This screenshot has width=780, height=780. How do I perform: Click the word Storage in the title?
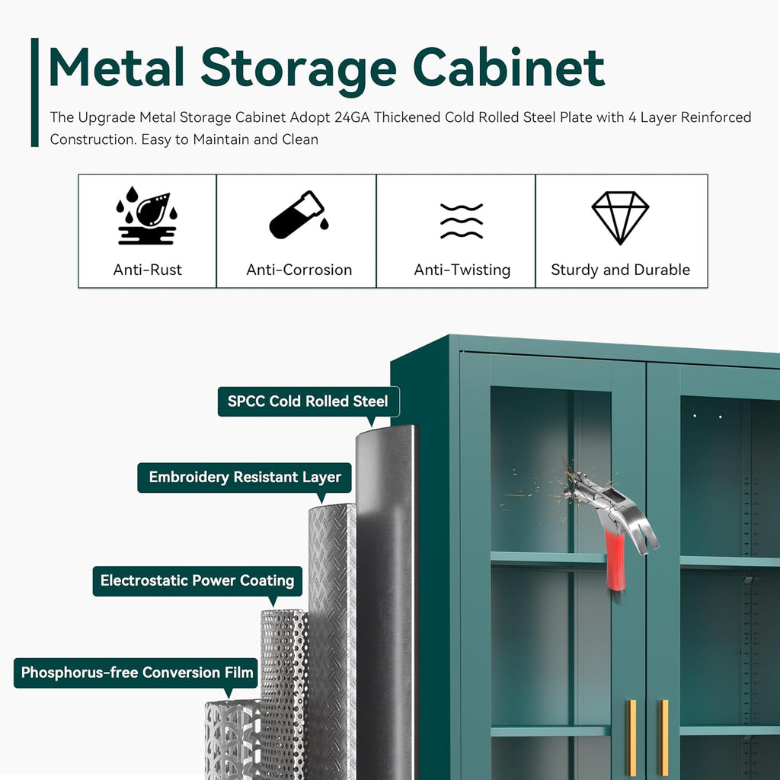click(299, 68)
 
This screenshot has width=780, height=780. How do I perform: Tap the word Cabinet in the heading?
click(508, 67)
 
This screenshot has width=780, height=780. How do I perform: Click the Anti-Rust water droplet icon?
click(147, 216)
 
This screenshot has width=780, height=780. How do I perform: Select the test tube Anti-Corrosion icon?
click(299, 215)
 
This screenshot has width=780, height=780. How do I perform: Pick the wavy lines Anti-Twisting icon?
click(462, 221)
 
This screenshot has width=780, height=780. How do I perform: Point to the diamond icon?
click(620, 218)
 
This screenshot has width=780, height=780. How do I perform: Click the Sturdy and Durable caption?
click(620, 270)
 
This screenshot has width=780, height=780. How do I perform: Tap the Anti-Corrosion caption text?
click(299, 270)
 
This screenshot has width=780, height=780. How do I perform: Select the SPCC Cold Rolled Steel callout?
click(308, 401)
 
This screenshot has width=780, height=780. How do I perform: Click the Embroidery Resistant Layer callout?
click(245, 478)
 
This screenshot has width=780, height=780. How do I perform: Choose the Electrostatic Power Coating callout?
click(197, 580)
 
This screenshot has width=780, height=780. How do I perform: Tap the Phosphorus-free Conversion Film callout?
click(136, 673)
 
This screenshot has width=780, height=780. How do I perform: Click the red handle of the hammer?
click(615, 559)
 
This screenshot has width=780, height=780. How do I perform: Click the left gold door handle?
click(631, 737)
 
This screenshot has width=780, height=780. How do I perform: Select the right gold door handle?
click(663, 737)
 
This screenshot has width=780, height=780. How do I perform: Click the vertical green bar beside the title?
click(35, 92)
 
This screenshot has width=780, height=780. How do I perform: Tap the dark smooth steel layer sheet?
click(386, 602)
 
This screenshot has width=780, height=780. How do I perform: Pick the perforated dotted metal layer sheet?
click(285, 695)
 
